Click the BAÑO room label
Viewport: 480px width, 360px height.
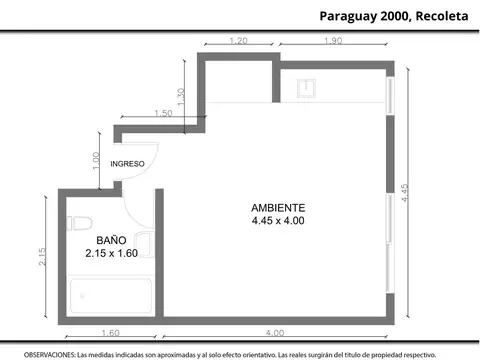(x=110, y=241)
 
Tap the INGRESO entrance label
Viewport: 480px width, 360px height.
(x=128, y=163)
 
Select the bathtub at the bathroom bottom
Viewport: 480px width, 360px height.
(x=110, y=296)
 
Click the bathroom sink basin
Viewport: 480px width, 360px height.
(x=143, y=243)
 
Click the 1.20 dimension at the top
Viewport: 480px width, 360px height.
(x=238, y=41)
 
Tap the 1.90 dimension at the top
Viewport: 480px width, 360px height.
(x=333, y=41)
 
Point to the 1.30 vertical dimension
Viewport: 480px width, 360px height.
(x=180, y=97)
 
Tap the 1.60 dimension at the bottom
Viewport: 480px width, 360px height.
(x=110, y=332)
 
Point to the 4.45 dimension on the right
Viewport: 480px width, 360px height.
(x=405, y=192)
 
